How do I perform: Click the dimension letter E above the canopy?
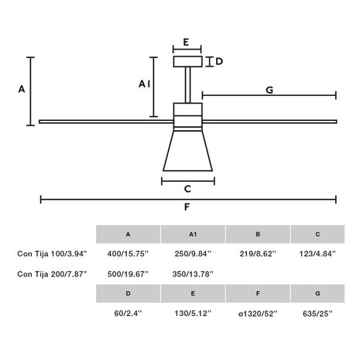tap(186, 42)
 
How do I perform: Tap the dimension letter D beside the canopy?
tap(219, 61)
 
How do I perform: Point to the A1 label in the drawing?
tap(144, 84)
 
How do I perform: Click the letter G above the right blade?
tap(269, 90)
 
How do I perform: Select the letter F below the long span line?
tap(187, 207)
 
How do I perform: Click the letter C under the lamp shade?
tap(187, 189)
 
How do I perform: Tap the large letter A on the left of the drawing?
tap(22, 89)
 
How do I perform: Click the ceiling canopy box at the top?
tap(187, 62)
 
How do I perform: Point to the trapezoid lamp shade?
tap(187, 151)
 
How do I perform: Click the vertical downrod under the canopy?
tap(188, 85)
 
